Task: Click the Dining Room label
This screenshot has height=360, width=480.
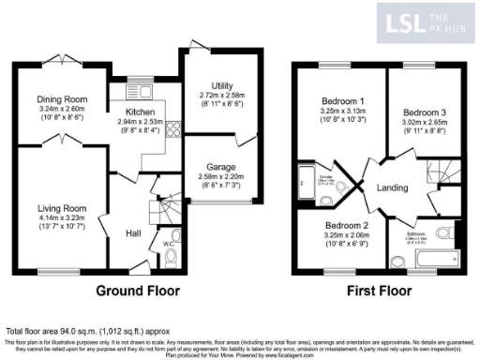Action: click(x=62, y=98)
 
